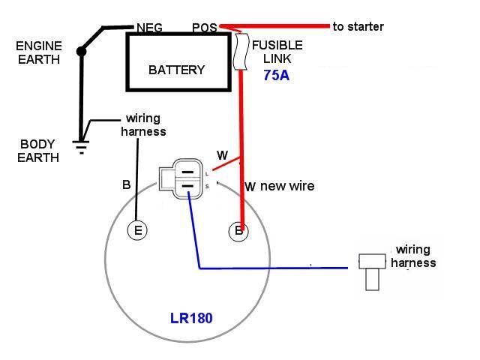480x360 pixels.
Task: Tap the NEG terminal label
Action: point(150,28)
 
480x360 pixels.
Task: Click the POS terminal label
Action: point(203,28)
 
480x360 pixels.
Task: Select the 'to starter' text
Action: point(358,26)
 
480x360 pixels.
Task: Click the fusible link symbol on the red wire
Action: point(241,51)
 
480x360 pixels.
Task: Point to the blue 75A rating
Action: point(276,75)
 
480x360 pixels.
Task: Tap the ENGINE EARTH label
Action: point(38,52)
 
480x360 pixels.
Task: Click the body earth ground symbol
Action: point(82,144)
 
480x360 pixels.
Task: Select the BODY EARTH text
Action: point(37,150)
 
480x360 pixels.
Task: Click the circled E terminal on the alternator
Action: point(137,230)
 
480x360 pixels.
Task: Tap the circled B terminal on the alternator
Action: point(238,230)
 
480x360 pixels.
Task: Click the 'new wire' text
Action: point(287,185)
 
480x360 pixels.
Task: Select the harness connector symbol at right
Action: point(372,271)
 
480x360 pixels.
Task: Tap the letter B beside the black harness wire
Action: point(126,184)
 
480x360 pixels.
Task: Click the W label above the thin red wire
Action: point(222,155)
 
